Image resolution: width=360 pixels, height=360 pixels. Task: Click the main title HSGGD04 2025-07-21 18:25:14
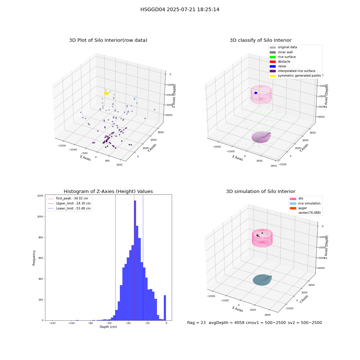180,9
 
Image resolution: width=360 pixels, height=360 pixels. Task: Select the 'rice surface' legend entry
283,57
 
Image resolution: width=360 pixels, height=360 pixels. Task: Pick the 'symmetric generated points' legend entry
295,76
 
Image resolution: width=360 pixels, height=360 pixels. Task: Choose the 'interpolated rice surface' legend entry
292,71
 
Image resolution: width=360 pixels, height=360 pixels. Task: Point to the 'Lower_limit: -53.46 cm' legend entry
69,208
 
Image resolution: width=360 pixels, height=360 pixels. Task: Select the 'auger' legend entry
298,208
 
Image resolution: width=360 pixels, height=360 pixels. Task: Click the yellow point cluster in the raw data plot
106,93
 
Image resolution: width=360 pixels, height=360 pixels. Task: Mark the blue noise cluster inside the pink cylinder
256,93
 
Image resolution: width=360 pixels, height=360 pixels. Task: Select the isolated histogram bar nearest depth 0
165,308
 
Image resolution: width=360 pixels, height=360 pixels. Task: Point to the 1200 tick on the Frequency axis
40,195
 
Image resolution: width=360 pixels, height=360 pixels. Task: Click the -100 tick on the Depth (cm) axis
71,323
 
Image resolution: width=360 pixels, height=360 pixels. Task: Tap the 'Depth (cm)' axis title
108,327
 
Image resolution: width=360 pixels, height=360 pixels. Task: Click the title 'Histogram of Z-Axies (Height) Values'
108,191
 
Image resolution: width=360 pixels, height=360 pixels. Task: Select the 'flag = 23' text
196,323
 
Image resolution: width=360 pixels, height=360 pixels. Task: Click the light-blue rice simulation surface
262,280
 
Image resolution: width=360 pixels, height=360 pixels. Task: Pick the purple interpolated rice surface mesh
261,137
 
